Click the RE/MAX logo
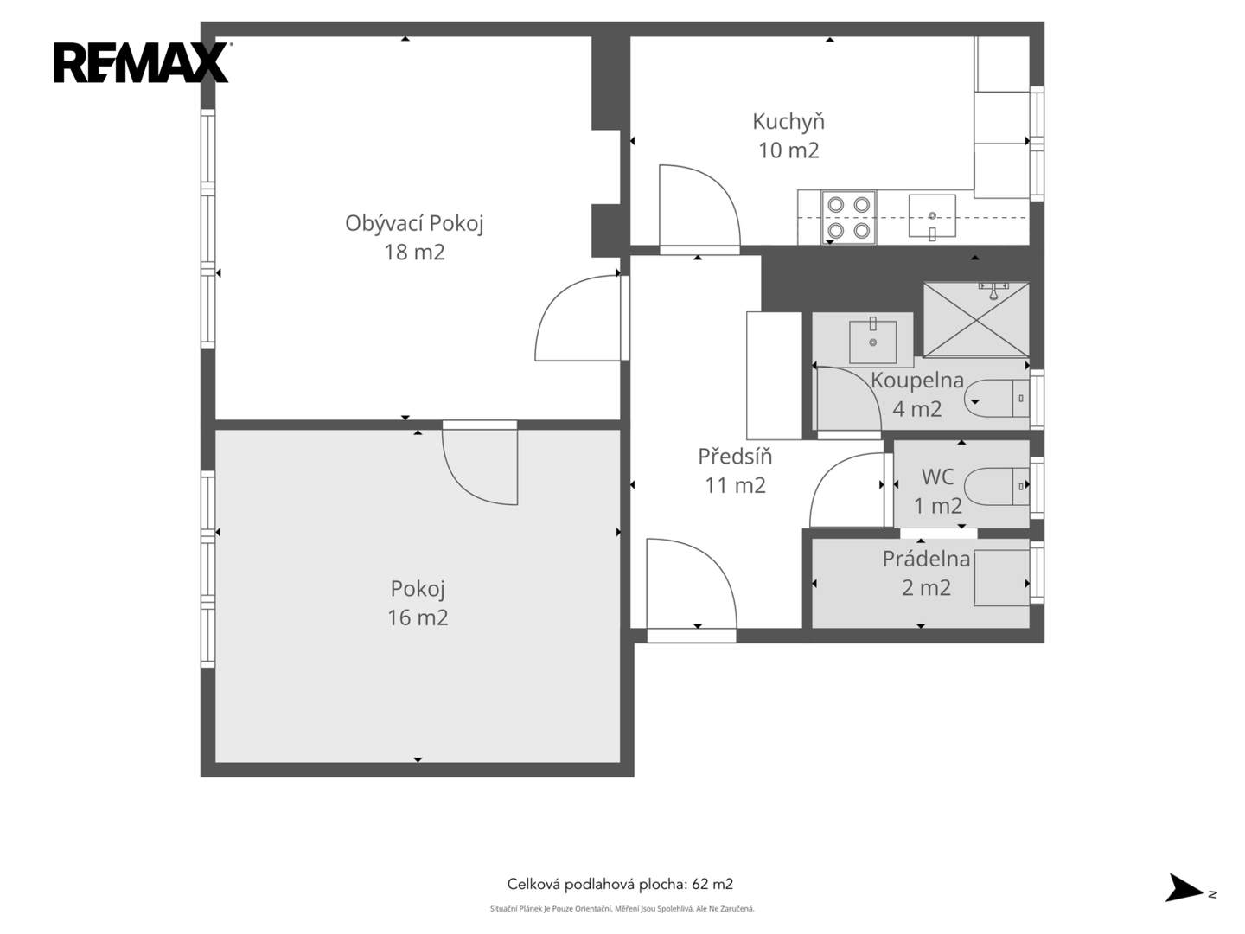[x=141, y=62]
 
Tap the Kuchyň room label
[x=788, y=121]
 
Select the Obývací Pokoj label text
[x=414, y=223]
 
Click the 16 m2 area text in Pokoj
[x=418, y=617]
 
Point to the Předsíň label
[x=735, y=456]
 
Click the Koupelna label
[x=917, y=380]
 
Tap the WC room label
[x=937, y=477]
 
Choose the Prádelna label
[x=926, y=559]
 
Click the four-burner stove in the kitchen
[x=848, y=218]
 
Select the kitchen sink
[x=932, y=216]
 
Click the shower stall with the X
[x=976, y=319]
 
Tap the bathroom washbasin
[x=872, y=342]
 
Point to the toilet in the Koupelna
[x=997, y=398]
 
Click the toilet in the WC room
[x=997, y=486]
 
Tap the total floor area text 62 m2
[x=712, y=884]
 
